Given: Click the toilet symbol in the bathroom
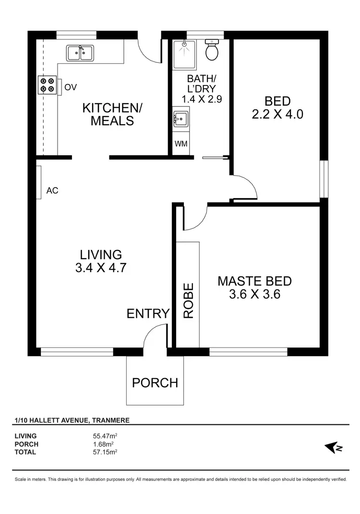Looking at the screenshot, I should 212,49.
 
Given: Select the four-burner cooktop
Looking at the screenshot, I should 47,85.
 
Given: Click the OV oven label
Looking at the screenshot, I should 71,87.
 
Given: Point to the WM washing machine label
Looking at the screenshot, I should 181,144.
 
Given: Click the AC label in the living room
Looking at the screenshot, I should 52,191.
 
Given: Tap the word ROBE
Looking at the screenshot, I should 188,301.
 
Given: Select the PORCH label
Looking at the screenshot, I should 155,383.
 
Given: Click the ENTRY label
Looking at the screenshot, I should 148,313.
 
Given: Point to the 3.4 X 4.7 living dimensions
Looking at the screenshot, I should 101,268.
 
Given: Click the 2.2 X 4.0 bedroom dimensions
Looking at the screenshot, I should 277,114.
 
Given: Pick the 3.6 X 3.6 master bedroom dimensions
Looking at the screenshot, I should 254,294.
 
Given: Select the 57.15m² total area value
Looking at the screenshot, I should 106,452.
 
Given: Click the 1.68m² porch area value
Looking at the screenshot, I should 104,444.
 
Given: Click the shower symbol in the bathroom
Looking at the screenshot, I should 184,49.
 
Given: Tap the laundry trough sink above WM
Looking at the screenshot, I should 181,118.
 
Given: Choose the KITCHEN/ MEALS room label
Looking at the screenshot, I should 112,114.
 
